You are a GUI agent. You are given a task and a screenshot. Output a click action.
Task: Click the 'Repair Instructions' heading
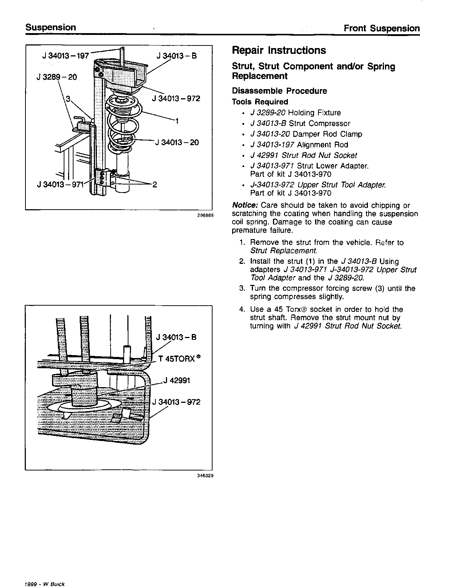(x=279, y=50)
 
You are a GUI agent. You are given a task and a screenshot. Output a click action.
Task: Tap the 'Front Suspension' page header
(x=382, y=28)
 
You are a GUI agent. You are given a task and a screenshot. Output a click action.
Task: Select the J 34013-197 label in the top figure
(x=66, y=56)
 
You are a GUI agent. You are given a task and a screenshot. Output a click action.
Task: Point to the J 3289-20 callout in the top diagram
(x=57, y=77)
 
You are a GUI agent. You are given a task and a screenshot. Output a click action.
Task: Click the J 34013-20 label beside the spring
(x=177, y=142)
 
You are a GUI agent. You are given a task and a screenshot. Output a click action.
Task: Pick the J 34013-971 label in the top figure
(x=60, y=184)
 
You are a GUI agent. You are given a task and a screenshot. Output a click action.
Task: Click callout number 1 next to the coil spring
(x=177, y=120)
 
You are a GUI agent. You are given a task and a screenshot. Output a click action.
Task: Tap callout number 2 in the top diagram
(x=155, y=184)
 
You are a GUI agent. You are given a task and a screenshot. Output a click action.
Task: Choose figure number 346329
(x=205, y=476)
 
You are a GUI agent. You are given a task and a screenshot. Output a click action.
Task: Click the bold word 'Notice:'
(x=245, y=206)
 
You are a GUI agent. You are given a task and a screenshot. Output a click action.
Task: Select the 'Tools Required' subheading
(x=260, y=102)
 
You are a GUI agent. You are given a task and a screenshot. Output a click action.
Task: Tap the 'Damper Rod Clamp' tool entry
(x=327, y=134)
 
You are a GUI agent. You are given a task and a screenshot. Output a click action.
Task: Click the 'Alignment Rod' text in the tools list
(x=322, y=145)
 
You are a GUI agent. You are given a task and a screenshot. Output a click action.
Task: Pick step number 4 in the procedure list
(x=242, y=310)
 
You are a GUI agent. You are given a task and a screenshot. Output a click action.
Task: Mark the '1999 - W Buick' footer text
(x=44, y=584)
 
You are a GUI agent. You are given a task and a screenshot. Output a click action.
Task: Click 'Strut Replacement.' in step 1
(x=284, y=251)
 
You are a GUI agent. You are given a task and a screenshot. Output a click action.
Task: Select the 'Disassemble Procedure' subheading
(x=279, y=91)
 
